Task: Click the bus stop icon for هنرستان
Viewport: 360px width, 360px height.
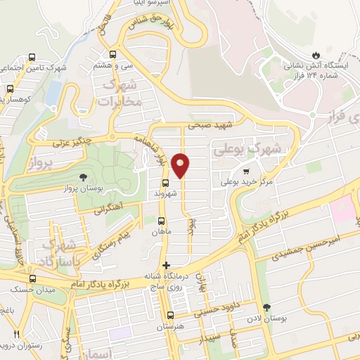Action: (x=169, y=315)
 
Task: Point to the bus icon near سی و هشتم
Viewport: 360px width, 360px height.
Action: (x=112, y=53)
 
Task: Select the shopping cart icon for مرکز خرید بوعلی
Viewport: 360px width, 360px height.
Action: (x=245, y=171)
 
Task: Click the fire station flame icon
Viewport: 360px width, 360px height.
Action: (x=316, y=54)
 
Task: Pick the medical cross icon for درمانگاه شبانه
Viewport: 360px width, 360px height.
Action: (x=166, y=266)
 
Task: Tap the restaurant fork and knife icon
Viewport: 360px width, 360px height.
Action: (x=17, y=334)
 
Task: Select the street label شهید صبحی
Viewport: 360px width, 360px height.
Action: (x=214, y=125)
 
